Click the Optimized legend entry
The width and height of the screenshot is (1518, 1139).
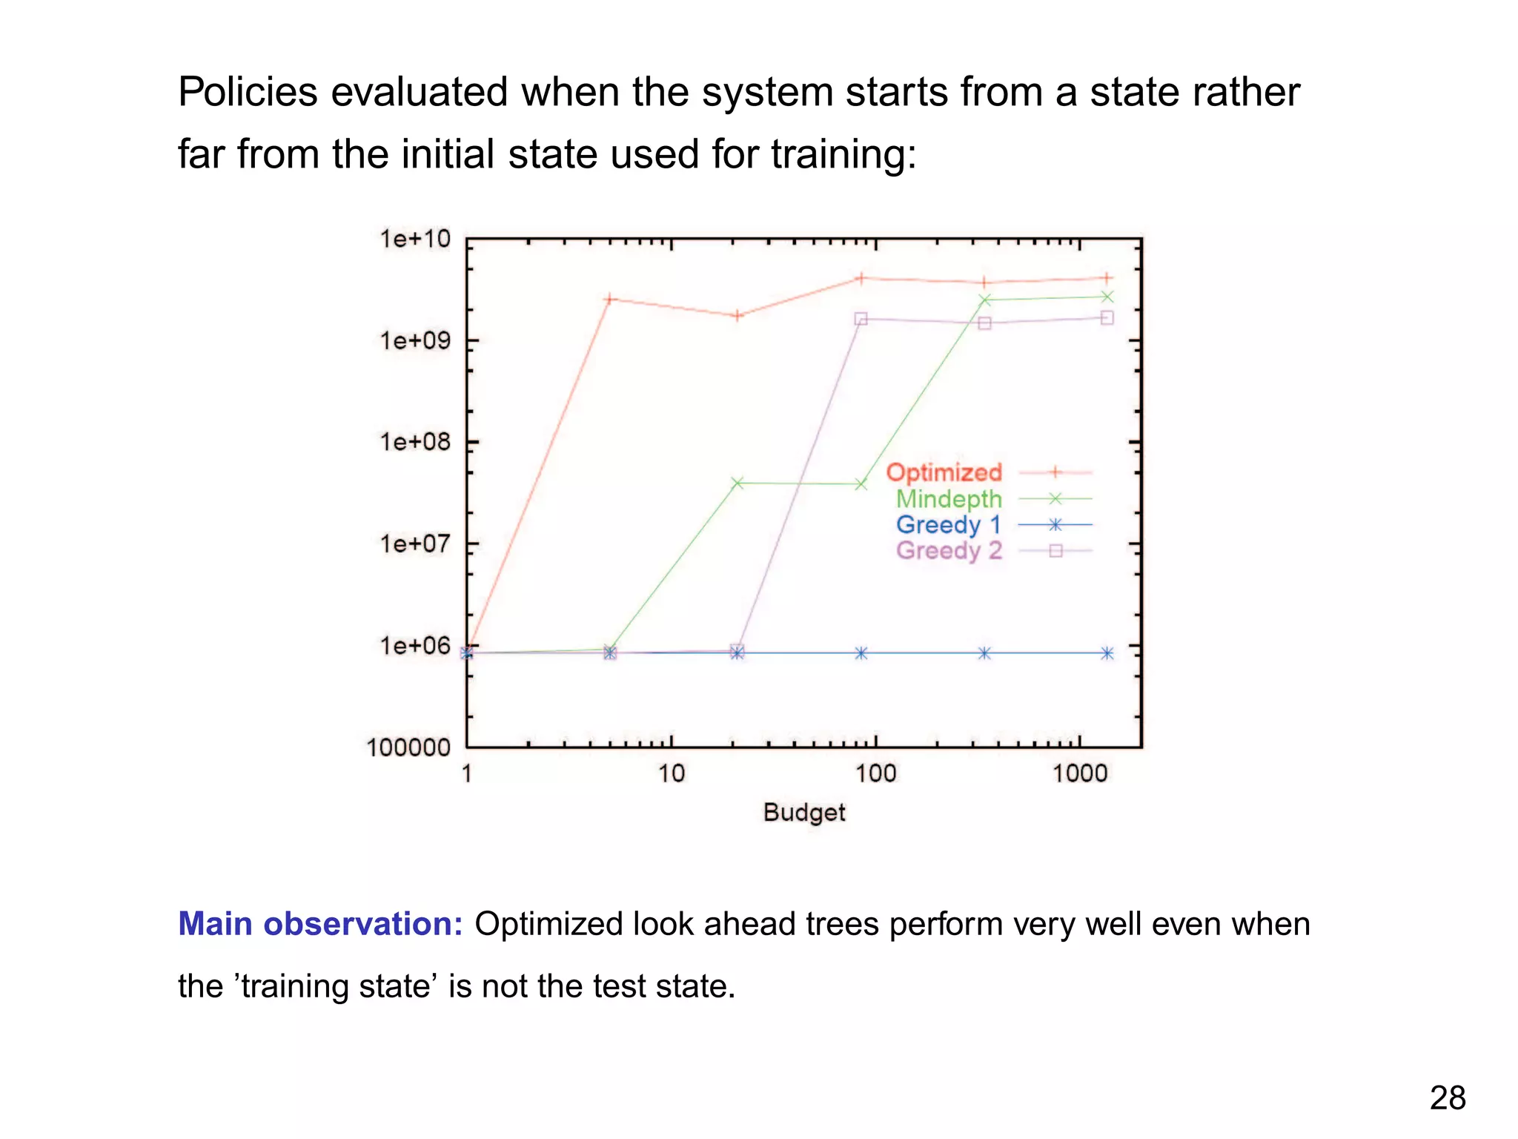pyautogui.click(x=944, y=472)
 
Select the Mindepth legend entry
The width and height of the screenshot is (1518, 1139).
pyautogui.click(x=949, y=499)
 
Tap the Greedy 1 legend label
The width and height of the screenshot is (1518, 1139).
pyautogui.click(x=948, y=525)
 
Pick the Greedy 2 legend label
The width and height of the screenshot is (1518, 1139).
pyautogui.click(x=948, y=551)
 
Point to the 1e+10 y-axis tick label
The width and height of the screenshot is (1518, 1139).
pyautogui.click(x=414, y=239)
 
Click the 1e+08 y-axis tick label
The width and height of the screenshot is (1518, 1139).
pyautogui.click(x=414, y=443)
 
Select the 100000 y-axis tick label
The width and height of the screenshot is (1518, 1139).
pyautogui.click(x=408, y=747)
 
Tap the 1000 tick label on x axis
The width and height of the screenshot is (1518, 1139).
pyautogui.click(x=1079, y=774)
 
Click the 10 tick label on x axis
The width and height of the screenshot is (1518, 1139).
pyautogui.click(x=671, y=774)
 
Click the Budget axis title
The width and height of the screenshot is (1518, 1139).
pyautogui.click(x=804, y=813)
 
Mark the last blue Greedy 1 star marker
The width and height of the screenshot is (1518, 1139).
pyautogui.click(x=1107, y=653)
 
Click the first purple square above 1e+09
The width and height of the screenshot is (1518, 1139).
pyautogui.click(x=861, y=319)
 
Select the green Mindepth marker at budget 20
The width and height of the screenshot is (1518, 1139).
pyautogui.click(x=738, y=483)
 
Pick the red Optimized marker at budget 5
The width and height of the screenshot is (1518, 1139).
pyautogui.click(x=609, y=300)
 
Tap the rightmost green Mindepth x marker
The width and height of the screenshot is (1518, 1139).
pyautogui.click(x=1107, y=297)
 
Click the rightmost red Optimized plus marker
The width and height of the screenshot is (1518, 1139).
pyautogui.click(x=1107, y=279)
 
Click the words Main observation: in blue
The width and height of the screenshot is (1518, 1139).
pyautogui.click(x=320, y=924)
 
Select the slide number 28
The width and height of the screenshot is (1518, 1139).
pyautogui.click(x=1447, y=1098)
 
